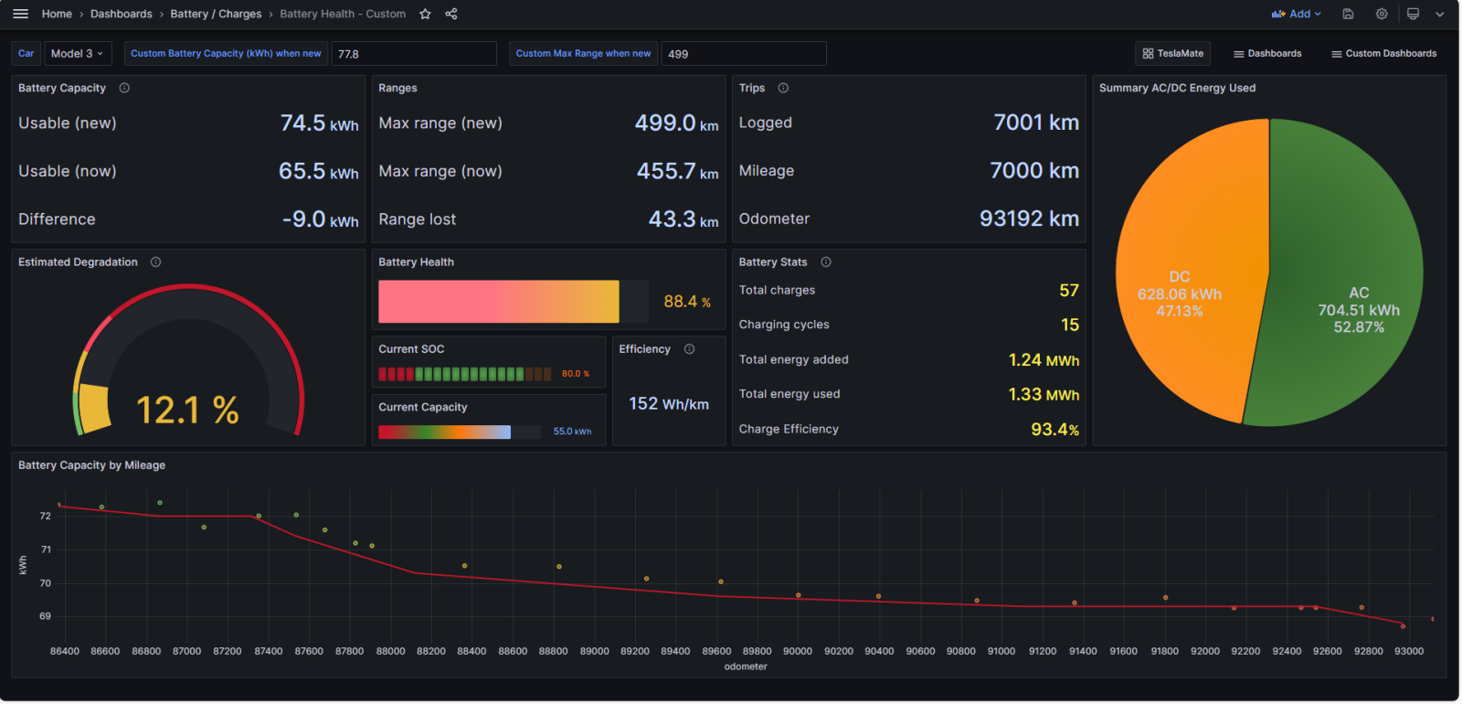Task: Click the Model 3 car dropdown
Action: pyautogui.click(x=78, y=54)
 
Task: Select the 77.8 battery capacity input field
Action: pyautogui.click(x=414, y=54)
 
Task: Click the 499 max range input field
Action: pyautogui.click(x=744, y=54)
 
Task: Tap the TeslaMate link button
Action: pyautogui.click(x=1173, y=54)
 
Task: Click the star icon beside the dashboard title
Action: pyautogui.click(x=425, y=14)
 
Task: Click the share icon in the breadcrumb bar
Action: pyautogui.click(x=451, y=14)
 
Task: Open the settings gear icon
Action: pyautogui.click(x=1381, y=14)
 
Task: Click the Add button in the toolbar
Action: pyautogui.click(x=1297, y=14)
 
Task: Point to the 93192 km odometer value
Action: pyautogui.click(x=1029, y=219)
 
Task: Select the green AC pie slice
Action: pyautogui.click(x=1344, y=274)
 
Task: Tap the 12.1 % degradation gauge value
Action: pyautogui.click(x=187, y=411)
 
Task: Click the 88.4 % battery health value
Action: pyautogui.click(x=686, y=302)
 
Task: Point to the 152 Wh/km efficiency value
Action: pyautogui.click(x=668, y=404)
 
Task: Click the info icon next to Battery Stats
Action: pyautogui.click(x=826, y=261)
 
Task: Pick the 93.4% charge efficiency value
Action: pyautogui.click(x=1054, y=429)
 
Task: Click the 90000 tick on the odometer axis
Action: pyautogui.click(x=798, y=651)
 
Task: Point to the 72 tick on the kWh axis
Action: pyautogui.click(x=45, y=516)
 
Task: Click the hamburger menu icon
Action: pyautogui.click(x=21, y=14)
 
